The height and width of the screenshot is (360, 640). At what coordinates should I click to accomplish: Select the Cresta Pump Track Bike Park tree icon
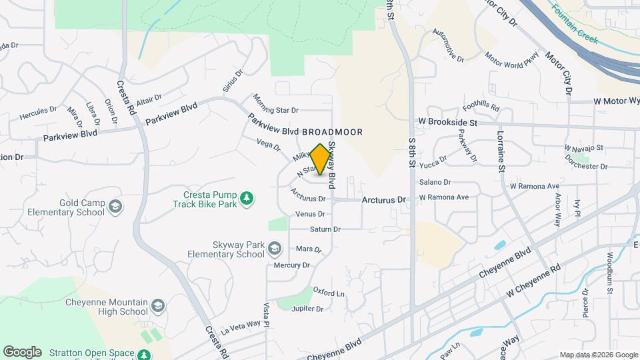[247, 198]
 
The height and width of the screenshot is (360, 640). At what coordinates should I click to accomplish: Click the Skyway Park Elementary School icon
[273, 250]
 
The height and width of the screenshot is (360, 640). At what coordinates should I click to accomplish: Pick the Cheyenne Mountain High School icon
[157, 306]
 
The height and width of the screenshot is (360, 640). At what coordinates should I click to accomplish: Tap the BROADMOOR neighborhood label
[332, 132]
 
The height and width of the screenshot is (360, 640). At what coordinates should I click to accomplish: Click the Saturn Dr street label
[325, 229]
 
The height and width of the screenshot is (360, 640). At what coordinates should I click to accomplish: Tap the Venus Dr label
[310, 214]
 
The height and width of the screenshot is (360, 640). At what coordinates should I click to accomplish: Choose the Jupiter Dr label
[307, 309]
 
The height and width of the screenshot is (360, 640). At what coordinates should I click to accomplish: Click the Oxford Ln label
[329, 293]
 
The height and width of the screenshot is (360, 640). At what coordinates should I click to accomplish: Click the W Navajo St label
[583, 147]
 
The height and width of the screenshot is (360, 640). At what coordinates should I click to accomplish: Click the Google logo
[22, 352]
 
